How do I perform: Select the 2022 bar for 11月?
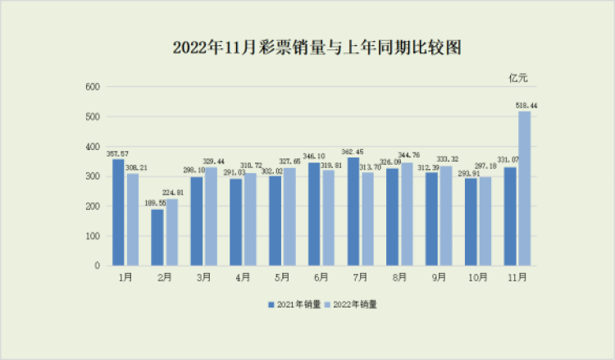pos(524,189)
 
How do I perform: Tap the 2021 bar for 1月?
pos(118,212)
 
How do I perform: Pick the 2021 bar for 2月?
pos(157,237)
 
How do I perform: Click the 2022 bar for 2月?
pos(171,232)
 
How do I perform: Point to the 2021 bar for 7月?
pos(353,212)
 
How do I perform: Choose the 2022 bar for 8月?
pos(407,214)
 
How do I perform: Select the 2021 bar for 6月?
pos(314,214)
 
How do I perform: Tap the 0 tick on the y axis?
pos(97,266)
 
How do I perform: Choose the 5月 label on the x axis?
pos(282,279)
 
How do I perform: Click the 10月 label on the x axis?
pos(477,279)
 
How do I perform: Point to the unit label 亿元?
pos(518,78)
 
